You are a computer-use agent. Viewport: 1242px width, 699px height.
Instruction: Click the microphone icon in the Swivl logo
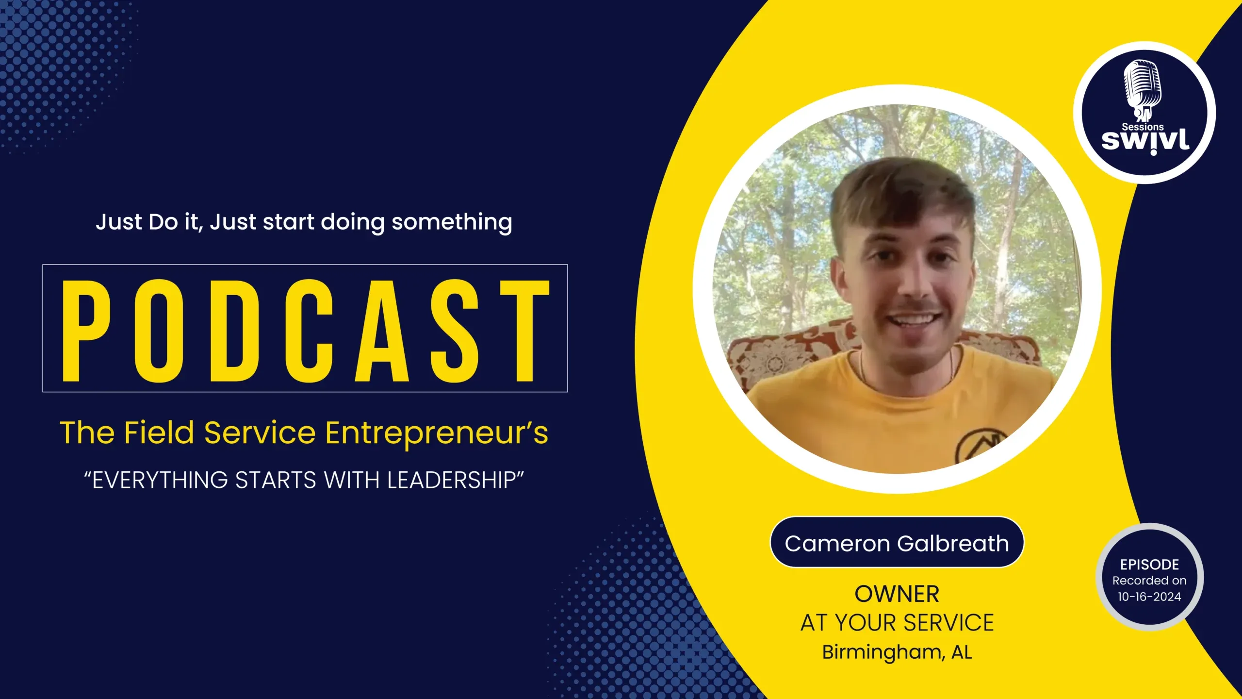tap(1143, 90)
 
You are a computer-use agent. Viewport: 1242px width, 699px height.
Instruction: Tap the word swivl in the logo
tap(1145, 141)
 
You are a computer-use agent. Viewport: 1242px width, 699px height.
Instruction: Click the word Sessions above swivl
tap(1143, 127)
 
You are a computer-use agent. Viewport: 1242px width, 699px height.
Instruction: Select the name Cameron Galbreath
tap(897, 543)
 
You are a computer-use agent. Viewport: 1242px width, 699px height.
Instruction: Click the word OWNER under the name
tap(897, 594)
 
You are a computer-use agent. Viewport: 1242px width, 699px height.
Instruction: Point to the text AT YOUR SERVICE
tap(897, 623)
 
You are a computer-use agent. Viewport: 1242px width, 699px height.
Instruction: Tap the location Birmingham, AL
tap(897, 652)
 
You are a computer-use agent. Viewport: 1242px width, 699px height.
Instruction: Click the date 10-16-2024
tap(1149, 597)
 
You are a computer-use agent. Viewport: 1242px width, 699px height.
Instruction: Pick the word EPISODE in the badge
tap(1149, 565)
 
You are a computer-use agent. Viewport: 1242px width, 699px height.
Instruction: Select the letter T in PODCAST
tap(525, 331)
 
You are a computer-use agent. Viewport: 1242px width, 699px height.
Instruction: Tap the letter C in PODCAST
tap(309, 331)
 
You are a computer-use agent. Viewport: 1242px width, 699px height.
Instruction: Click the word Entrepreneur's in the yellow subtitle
tap(437, 433)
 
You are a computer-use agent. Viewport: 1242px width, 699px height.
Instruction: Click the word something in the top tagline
tap(452, 223)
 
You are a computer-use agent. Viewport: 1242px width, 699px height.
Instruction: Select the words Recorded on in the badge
tap(1149, 581)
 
